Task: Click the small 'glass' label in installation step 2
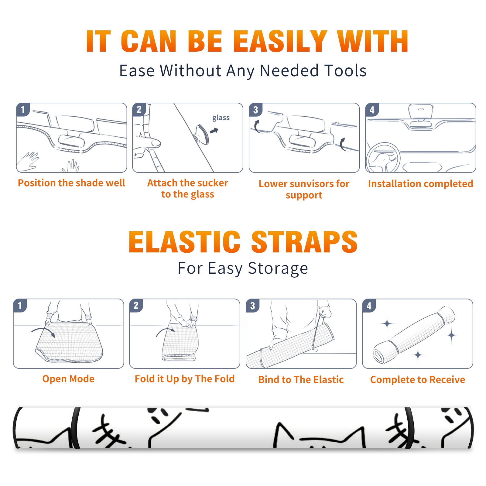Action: (x=221, y=118)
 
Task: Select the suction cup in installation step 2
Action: (x=201, y=134)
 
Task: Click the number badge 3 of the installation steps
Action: (x=255, y=110)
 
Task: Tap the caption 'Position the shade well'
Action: (x=71, y=183)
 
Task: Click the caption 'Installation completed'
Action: (x=420, y=183)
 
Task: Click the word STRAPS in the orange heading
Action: (x=304, y=242)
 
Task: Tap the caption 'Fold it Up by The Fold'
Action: (x=185, y=379)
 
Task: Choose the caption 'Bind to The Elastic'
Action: (x=301, y=379)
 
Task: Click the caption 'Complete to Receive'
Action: (x=418, y=379)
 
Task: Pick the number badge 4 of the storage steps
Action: (x=369, y=306)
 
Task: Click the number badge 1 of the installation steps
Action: (x=23, y=109)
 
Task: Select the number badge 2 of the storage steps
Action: (x=136, y=306)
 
